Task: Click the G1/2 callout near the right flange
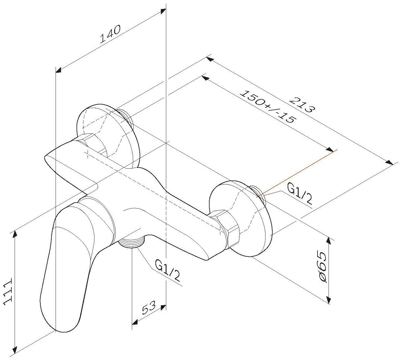tap(299, 193)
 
